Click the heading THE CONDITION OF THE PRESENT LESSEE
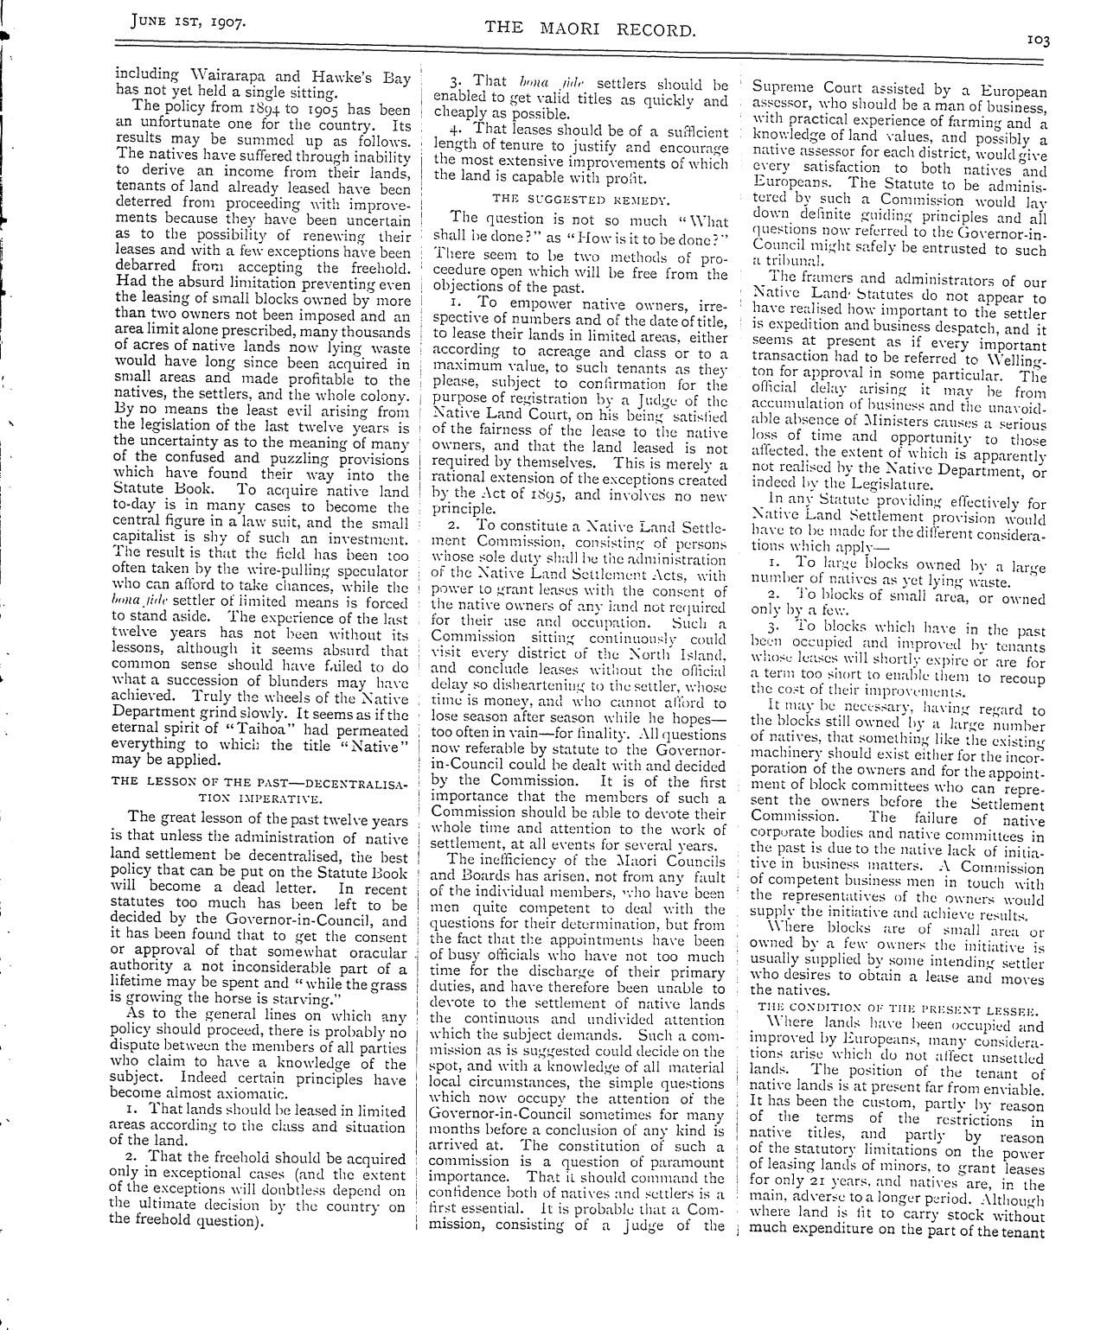[898, 1008]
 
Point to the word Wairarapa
[223, 77]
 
